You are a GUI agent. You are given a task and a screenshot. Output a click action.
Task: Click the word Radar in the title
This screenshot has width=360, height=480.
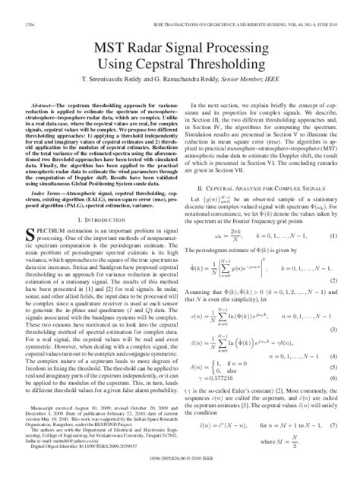[148, 47]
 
